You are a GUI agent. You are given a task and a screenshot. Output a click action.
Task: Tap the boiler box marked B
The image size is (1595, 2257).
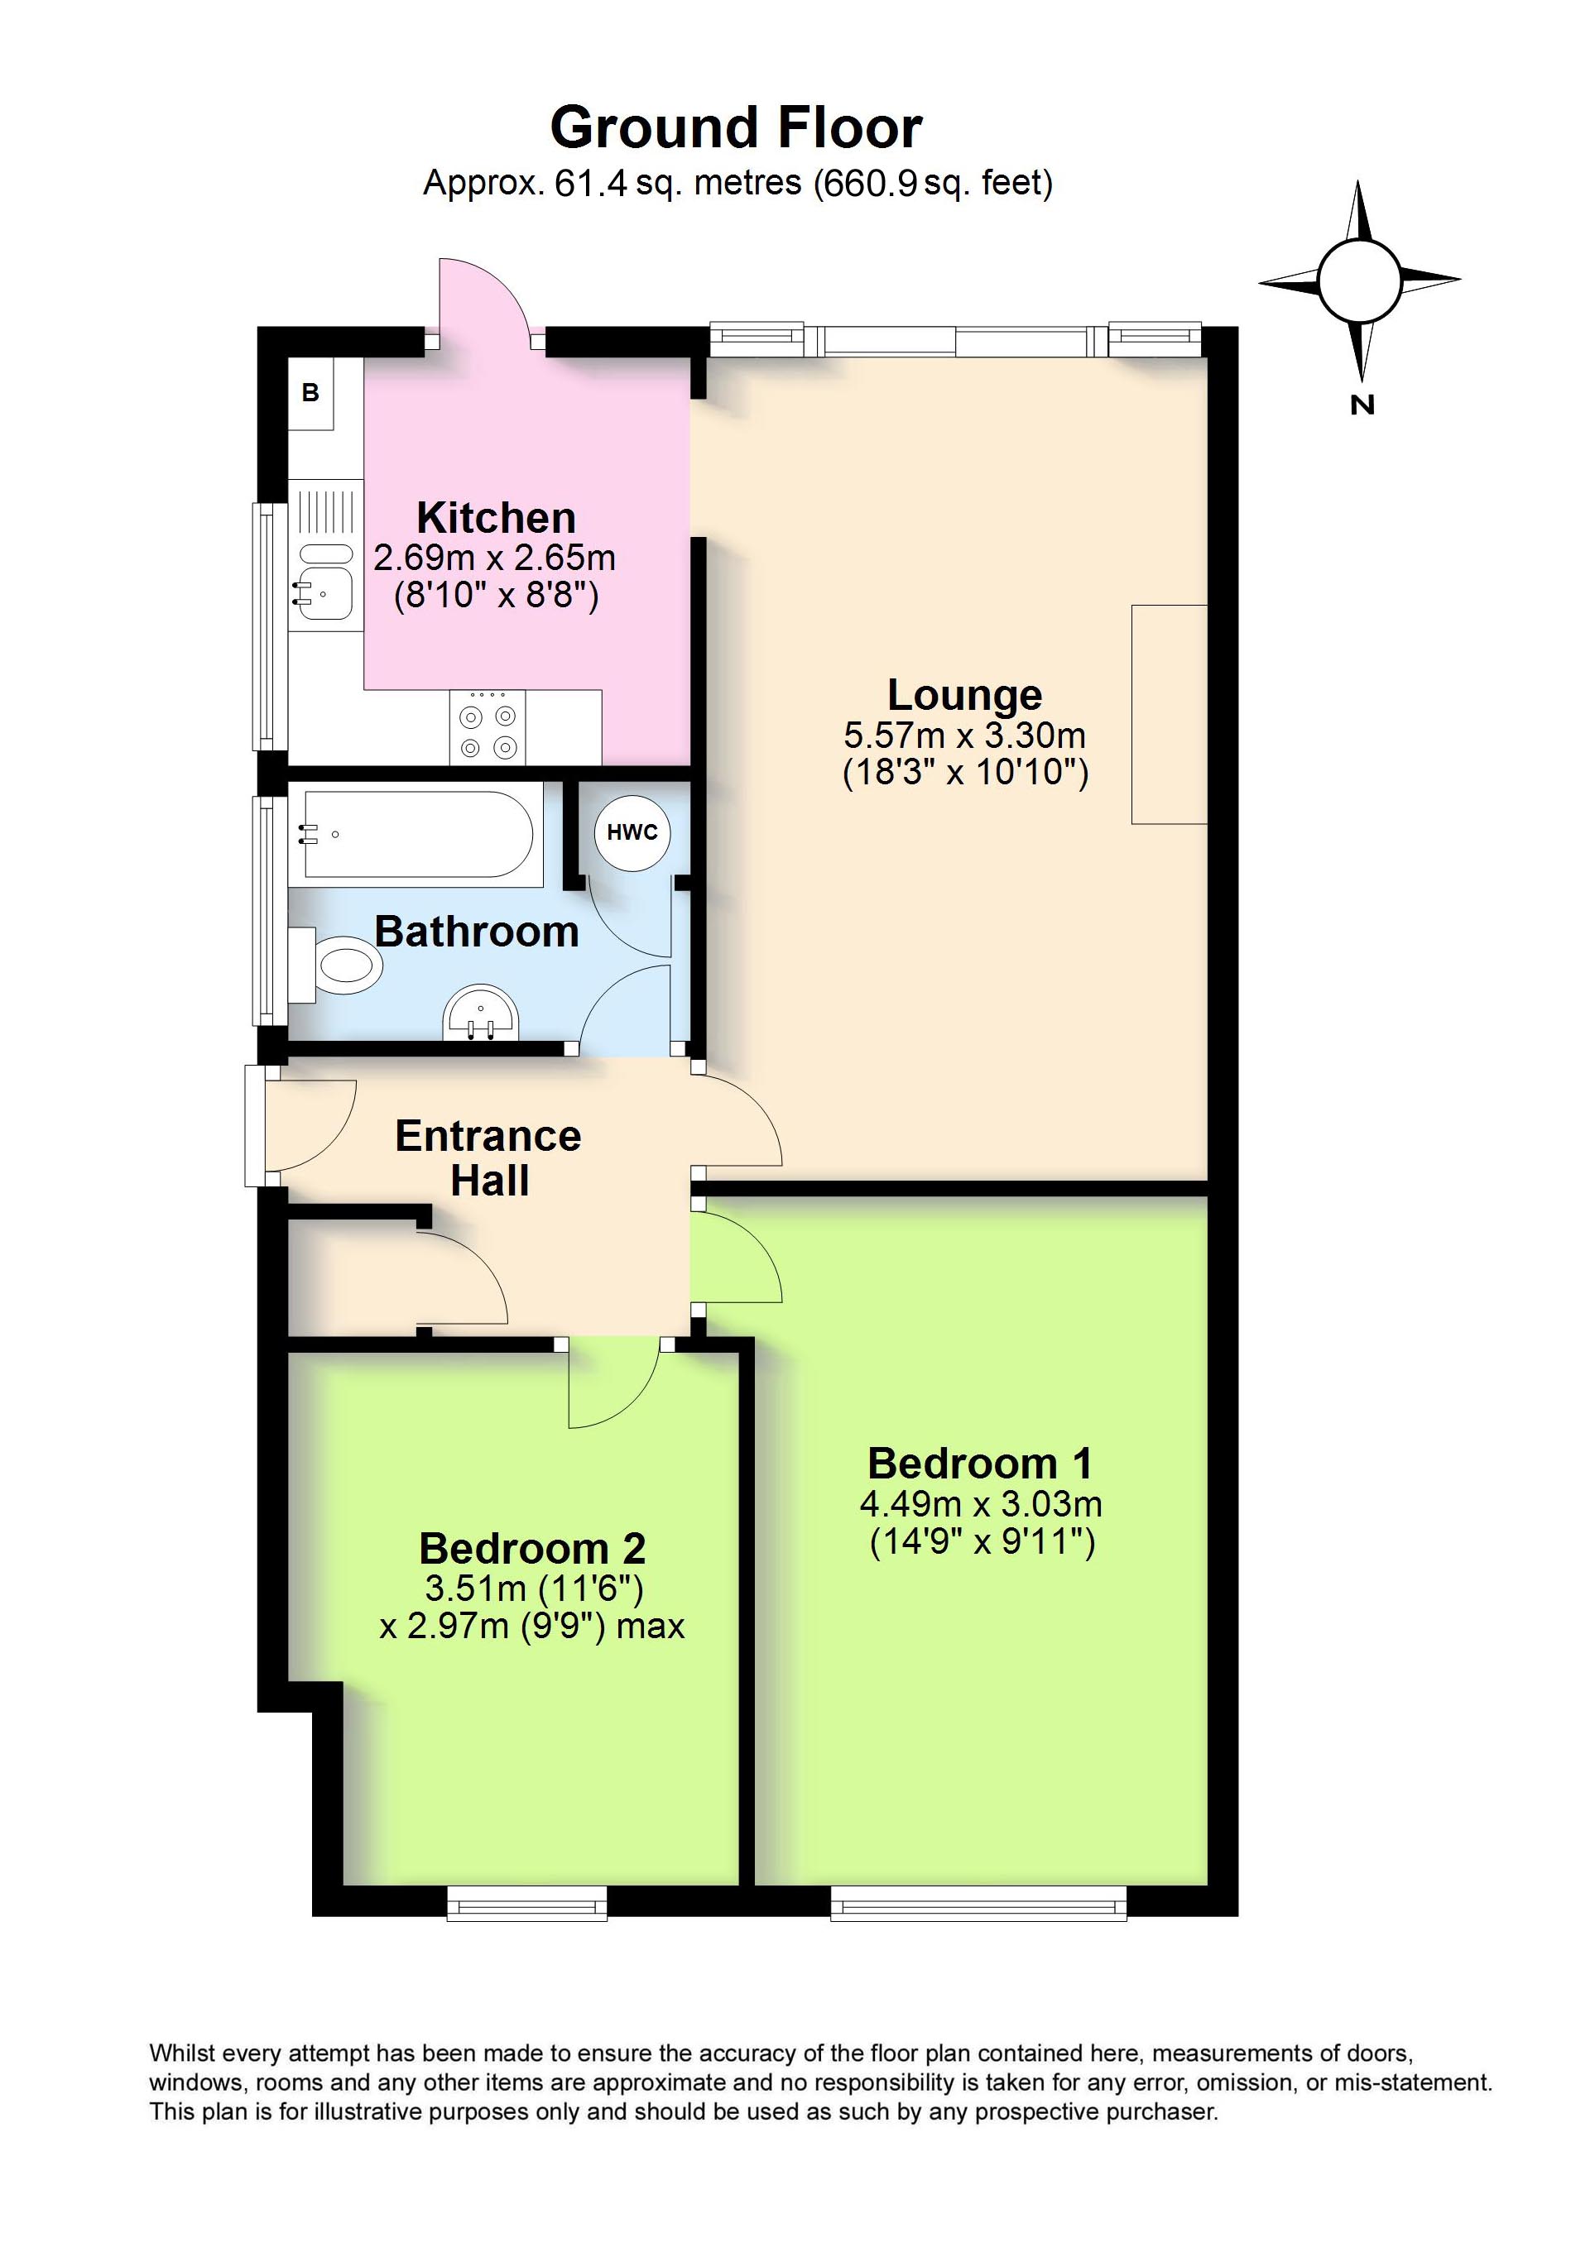[x=310, y=393]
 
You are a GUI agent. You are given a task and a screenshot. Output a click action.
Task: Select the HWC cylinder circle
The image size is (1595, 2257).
[x=632, y=832]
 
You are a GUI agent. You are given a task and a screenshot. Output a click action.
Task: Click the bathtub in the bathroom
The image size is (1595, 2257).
[x=418, y=834]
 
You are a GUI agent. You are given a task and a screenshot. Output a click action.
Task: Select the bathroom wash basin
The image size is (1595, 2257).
[x=481, y=1013]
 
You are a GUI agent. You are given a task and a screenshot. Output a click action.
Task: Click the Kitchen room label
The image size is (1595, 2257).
[x=496, y=518]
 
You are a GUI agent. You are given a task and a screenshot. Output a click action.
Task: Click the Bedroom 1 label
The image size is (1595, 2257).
[x=979, y=1464]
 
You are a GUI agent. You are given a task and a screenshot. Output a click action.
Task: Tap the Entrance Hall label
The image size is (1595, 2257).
[x=488, y=1158]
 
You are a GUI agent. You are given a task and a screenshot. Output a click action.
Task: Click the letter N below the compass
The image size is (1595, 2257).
[x=1361, y=405]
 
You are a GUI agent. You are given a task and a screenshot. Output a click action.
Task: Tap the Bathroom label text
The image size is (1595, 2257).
[x=477, y=932]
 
